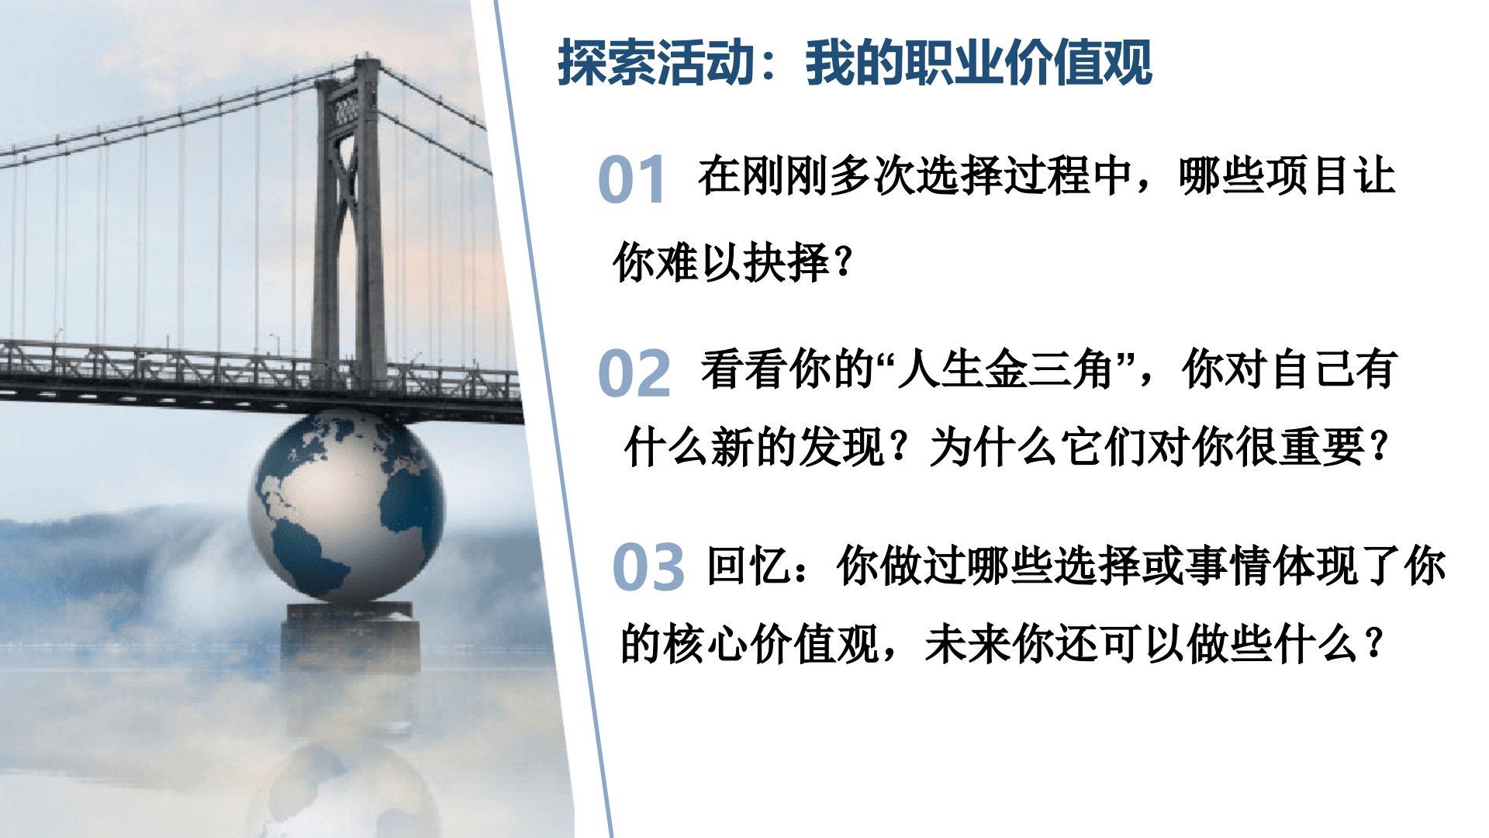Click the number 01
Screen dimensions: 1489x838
632,180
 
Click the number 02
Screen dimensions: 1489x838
634,373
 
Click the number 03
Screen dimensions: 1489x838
648,567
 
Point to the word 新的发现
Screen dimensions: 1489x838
798,448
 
